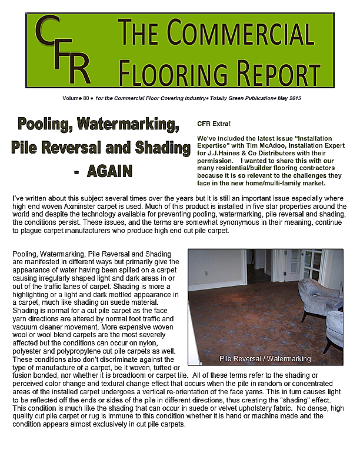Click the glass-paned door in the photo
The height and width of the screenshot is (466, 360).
[x=311, y=268]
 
